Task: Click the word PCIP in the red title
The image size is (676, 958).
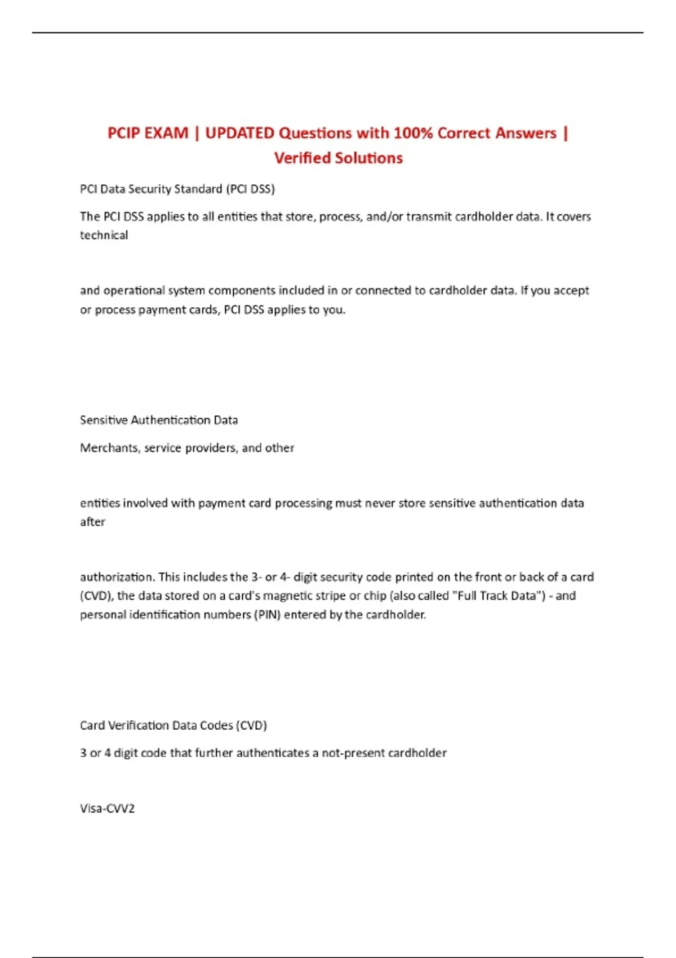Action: (124, 134)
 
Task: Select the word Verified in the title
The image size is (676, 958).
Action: (301, 158)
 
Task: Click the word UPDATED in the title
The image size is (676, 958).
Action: (239, 134)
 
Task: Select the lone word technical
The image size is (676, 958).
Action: (104, 236)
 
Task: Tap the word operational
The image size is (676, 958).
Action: (134, 291)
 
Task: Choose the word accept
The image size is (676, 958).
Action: (571, 291)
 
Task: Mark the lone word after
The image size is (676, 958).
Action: (92, 522)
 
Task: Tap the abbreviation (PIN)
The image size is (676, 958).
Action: (268, 615)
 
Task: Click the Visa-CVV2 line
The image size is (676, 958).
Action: (107, 809)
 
